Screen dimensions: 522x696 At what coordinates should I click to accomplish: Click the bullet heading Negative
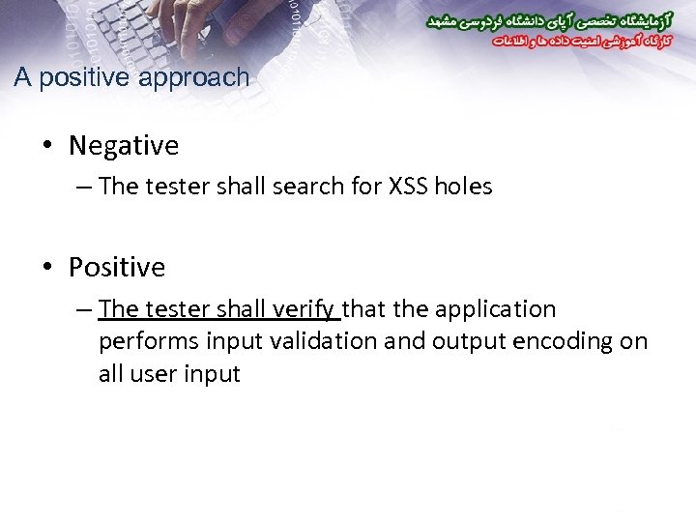pyautogui.click(x=124, y=146)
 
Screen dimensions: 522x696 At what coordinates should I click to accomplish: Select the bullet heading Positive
pyautogui.click(x=117, y=267)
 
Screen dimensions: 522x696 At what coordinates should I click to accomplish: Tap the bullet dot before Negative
pyautogui.click(x=47, y=147)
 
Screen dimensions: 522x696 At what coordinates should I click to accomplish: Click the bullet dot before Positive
pyautogui.click(x=47, y=268)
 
